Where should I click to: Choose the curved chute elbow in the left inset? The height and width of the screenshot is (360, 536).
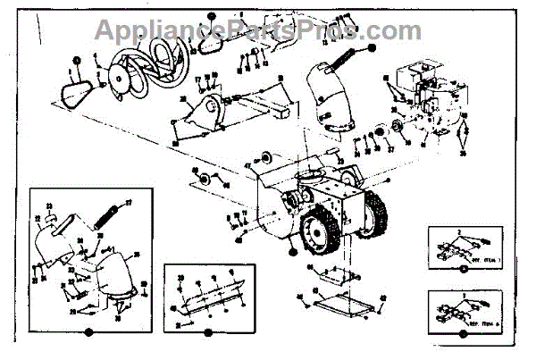tap(116, 273)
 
